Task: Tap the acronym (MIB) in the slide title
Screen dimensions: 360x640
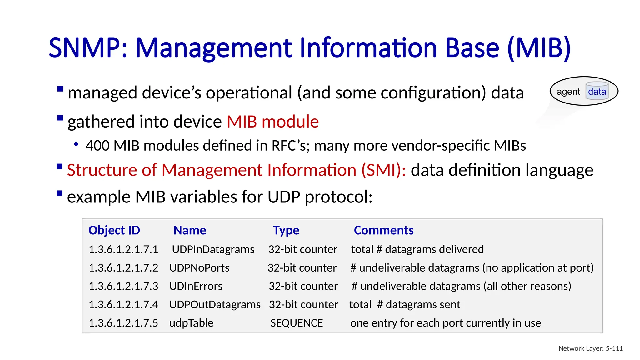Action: (539, 48)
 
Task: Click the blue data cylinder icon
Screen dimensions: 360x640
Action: (597, 91)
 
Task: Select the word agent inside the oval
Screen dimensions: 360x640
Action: (568, 92)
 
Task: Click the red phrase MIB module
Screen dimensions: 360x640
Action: (272, 122)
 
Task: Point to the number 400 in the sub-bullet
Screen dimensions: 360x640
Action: (97, 146)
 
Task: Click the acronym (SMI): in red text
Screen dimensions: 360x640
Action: (383, 170)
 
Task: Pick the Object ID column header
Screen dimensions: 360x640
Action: (114, 230)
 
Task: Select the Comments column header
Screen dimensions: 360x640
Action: (383, 230)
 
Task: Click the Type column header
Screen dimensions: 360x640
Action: (286, 230)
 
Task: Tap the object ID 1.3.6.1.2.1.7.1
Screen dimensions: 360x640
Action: (123, 249)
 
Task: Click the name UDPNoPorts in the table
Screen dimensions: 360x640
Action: (199, 268)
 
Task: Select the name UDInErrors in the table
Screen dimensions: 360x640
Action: (196, 286)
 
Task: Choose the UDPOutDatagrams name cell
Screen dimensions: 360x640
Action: (215, 305)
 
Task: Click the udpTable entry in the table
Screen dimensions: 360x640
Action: (191, 323)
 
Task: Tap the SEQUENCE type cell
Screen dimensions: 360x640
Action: (296, 323)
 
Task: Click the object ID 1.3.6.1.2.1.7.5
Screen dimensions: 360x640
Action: (123, 323)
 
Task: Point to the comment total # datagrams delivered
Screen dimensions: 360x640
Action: (417, 249)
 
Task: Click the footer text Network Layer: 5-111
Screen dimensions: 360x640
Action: (590, 348)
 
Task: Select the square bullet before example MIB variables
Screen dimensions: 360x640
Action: (60, 193)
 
